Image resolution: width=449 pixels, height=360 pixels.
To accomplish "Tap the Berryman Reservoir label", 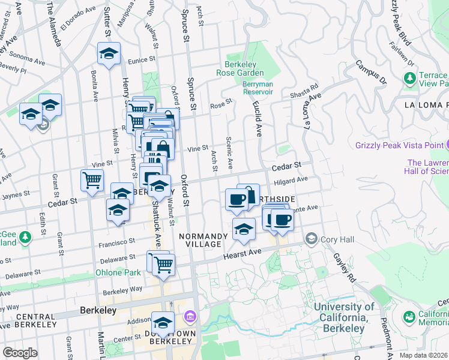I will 258,88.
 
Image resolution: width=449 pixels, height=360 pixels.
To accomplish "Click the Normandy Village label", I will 203,241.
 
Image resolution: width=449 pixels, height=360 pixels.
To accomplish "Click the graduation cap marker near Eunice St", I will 109,53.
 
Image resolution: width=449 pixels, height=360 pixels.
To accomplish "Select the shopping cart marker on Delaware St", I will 163,263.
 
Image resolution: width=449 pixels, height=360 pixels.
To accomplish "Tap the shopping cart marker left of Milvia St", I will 92,179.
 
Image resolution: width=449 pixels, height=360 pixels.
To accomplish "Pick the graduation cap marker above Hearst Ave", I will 243,229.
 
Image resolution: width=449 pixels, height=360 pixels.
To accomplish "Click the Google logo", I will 20,352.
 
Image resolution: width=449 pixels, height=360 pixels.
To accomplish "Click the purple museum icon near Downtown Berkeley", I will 190,316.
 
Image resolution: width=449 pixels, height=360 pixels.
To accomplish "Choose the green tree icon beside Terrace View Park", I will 410,78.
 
